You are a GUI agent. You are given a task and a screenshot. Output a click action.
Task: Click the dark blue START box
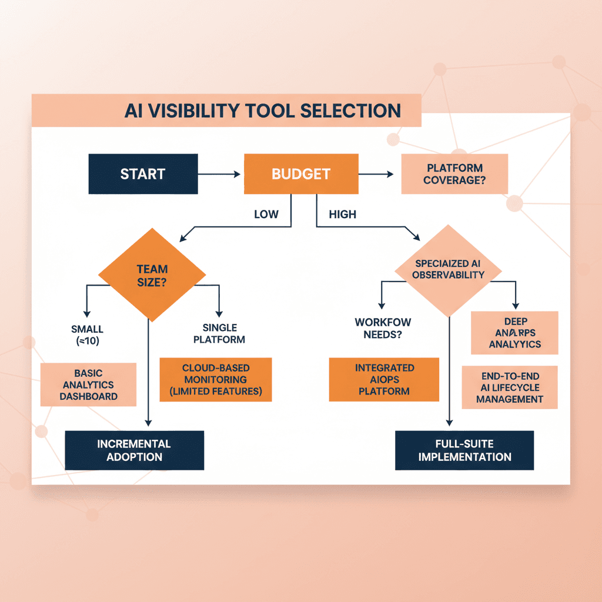(x=143, y=174)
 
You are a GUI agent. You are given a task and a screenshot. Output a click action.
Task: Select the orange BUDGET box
(x=300, y=174)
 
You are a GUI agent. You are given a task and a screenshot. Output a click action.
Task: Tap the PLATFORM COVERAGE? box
(x=454, y=174)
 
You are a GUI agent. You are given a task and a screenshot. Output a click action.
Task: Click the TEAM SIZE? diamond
(x=152, y=275)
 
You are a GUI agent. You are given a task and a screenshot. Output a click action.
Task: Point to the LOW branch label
(x=266, y=215)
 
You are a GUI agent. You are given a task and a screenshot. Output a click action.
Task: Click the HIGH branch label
(x=342, y=215)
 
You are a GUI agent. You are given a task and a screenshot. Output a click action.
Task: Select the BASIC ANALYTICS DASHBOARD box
(x=88, y=384)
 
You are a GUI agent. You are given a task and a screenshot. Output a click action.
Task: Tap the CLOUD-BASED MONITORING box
(x=216, y=379)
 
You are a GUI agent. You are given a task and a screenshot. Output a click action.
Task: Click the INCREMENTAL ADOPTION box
(x=134, y=450)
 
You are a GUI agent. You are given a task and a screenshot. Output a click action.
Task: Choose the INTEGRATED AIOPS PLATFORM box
(x=384, y=379)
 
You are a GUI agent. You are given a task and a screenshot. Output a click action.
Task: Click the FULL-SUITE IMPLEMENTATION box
(x=464, y=450)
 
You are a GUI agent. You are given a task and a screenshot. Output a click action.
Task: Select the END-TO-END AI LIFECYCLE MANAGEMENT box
(x=510, y=387)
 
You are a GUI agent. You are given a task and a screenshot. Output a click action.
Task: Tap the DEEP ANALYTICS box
(x=515, y=333)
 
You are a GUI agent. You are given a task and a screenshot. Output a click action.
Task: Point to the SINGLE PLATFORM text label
(x=219, y=333)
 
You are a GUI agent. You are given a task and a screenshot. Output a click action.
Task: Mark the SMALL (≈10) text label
(x=86, y=335)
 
